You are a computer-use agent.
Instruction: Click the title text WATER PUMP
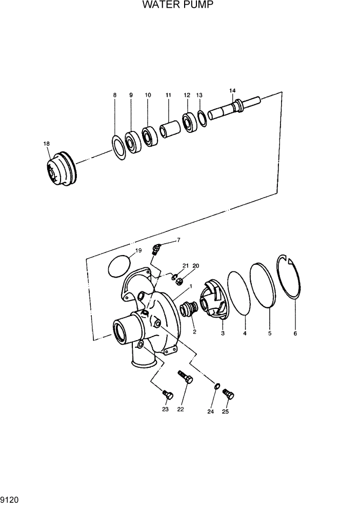(177, 6)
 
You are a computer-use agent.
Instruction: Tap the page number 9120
(10, 499)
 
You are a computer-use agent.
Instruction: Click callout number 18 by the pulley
(47, 144)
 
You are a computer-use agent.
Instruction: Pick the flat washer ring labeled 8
(118, 148)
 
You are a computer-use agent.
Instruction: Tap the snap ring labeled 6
(292, 277)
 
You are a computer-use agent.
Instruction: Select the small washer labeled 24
(217, 386)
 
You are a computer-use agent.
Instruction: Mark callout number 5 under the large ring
(269, 333)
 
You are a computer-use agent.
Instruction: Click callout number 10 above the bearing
(148, 95)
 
